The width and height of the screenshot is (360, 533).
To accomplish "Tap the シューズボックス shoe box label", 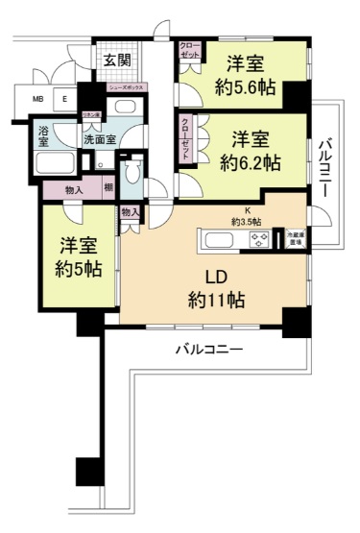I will (126, 87).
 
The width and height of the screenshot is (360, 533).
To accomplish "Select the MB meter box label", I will (38, 99).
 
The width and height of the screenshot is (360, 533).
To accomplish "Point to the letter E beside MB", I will (65, 99).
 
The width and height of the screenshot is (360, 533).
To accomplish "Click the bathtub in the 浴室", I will (56, 162).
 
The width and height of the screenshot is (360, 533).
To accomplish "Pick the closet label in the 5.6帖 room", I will (189, 51).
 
